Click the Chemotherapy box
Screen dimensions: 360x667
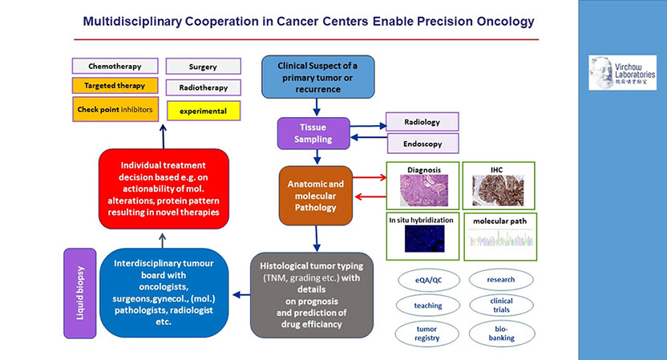click(x=113, y=66)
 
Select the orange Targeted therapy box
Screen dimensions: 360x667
click(x=113, y=86)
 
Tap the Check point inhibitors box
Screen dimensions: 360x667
click(x=113, y=109)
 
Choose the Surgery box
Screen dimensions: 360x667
click(x=203, y=67)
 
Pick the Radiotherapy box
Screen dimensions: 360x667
click(x=203, y=87)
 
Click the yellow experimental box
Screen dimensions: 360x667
click(x=203, y=111)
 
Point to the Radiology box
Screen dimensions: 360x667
click(x=423, y=122)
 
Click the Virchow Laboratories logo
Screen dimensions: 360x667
click(x=622, y=73)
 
